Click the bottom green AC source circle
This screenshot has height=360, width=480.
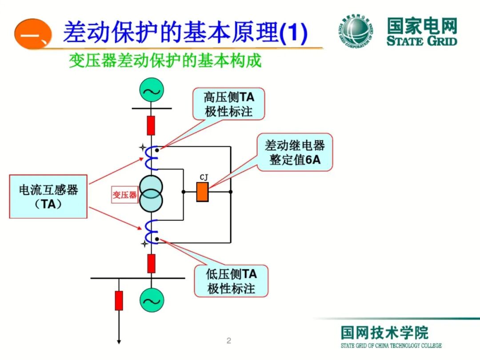[x=152, y=300]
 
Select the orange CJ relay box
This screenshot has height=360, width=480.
[x=203, y=192]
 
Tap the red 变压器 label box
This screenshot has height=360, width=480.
[x=124, y=195]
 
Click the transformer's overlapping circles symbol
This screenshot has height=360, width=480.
[x=152, y=194]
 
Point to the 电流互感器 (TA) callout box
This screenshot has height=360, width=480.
[x=48, y=196]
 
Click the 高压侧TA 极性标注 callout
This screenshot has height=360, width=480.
[x=228, y=104]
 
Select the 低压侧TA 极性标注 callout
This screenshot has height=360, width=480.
[x=231, y=281]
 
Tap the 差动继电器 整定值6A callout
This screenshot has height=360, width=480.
[x=295, y=152]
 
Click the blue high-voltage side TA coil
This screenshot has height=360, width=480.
[x=151, y=158]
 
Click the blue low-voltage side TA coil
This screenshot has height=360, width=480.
[x=152, y=232]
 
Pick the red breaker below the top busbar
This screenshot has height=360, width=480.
[x=151, y=125]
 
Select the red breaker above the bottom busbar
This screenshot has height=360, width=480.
[x=152, y=263]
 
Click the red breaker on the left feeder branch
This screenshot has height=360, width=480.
[x=119, y=300]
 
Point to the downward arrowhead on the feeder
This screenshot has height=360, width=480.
[x=119, y=341]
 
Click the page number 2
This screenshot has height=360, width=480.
[x=229, y=341]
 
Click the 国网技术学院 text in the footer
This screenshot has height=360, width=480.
[x=384, y=332]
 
